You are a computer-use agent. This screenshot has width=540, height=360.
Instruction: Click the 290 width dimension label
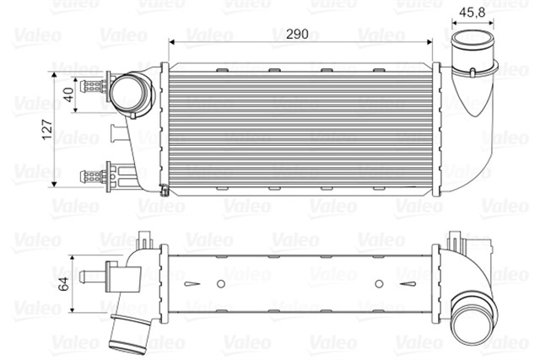296,35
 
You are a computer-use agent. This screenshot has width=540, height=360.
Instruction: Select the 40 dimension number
68,94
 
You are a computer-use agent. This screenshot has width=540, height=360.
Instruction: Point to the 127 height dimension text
48,129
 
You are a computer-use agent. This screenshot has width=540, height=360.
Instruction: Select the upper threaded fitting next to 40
93,84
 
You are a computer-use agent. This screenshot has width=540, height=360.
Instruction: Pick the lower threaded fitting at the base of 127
93,176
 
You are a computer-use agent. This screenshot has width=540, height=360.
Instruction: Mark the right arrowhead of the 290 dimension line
432,40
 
